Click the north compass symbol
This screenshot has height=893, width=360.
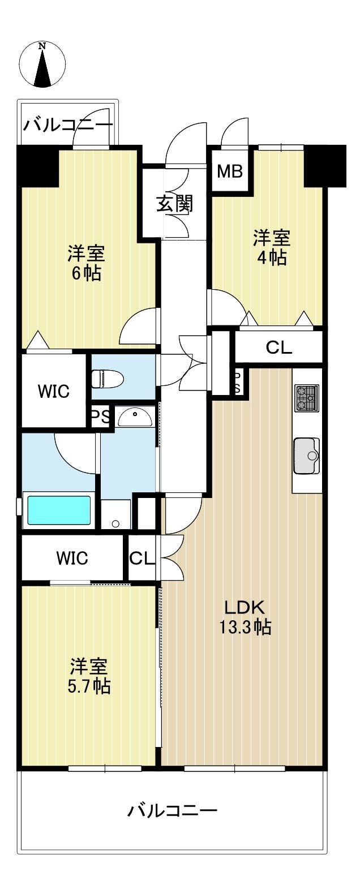[x=42, y=65]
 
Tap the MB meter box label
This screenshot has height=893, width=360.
[x=230, y=171]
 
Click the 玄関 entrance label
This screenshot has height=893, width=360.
[x=174, y=204]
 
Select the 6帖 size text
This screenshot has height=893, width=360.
[x=86, y=273]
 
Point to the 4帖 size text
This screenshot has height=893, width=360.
[x=272, y=258]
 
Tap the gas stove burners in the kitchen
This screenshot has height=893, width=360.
[x=307, y=398]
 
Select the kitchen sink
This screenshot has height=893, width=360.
[x=307, y=456]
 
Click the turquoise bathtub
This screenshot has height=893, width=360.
[x=59, y=510]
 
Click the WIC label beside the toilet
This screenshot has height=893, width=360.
[x=54, y=391]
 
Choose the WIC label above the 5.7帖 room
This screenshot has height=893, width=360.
[x=72, y=558]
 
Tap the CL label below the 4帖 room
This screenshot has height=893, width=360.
[x=279, y=348]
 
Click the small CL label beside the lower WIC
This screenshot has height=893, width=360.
[x=142, y=559]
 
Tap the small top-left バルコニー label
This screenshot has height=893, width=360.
[x=68, y=125]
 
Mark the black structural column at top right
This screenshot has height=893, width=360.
[x=325, y=165]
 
